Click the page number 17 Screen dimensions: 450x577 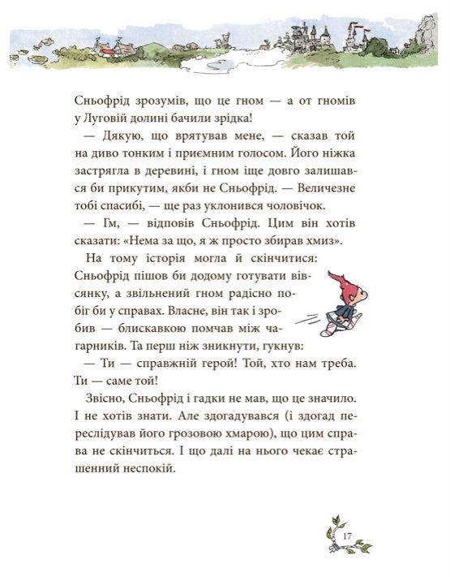[x=347, y=535]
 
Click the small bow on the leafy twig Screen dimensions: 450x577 [x=334, y=526]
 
